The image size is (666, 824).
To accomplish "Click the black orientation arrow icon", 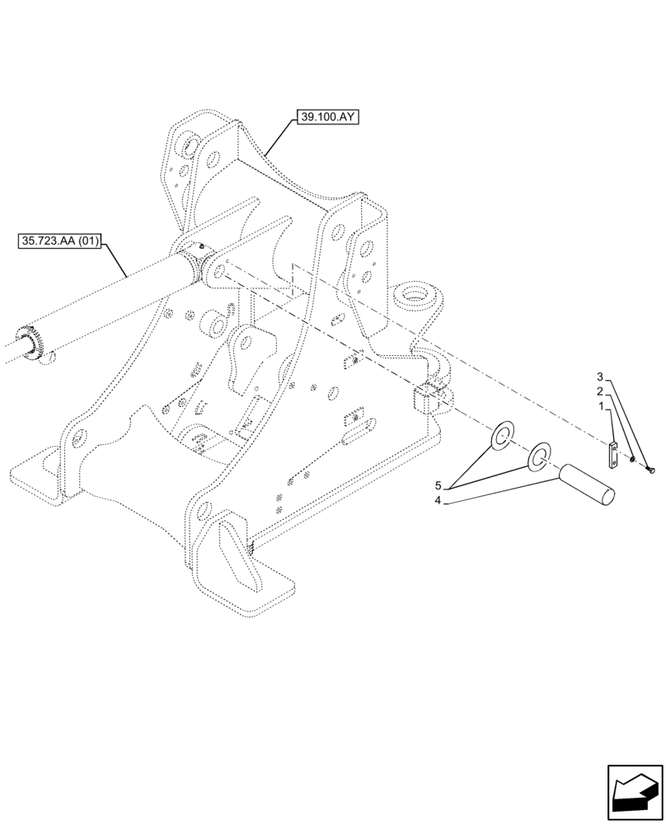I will click(634, 794).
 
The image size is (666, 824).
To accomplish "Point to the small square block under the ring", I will click(426, 397).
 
